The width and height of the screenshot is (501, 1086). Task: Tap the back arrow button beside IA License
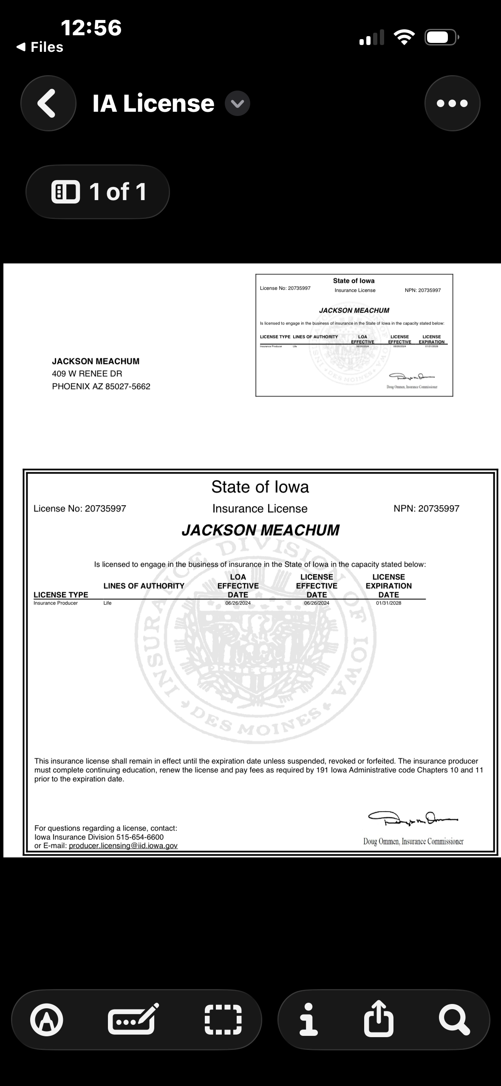pyautogui.click(x=48, y=103)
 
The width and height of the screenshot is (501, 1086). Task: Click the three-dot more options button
pyautogui.click(x=452, y=103)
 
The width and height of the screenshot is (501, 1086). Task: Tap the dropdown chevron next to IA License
pyautogui.click(x=237, y=104)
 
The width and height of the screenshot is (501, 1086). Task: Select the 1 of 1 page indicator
pyautogui.click(x=98, y=192)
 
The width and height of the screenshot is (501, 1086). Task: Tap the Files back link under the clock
pyautogui.click(x=40, y=47)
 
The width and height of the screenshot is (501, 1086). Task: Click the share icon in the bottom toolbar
pyautogui.click(x=379, y=1019)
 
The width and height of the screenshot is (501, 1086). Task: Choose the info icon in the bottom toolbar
pyautogui.click(x=308, y=1019)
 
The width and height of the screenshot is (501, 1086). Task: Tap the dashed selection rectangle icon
pyautogui.click(x=223, y=1019)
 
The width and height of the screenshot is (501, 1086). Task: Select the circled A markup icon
pyautogui.click(x=47, y=1019)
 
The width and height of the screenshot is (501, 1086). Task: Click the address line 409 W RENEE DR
pyautogui.click(x=87, y=374)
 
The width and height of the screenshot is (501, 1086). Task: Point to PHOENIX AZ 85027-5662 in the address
pyautogui.click(x=101, y=387)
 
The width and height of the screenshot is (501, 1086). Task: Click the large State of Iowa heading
pyautogui.click(x=260, y=487)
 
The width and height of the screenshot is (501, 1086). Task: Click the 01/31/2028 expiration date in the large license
pyautogui.click(x=388, y=603)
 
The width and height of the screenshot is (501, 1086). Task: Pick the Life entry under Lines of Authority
pyautogui.click(x=108, y=603)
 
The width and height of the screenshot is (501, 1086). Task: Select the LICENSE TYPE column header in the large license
pyautogui.click(x=61, y=595)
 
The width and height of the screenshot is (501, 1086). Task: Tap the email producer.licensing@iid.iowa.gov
pyautogui.click(x=123, y=846)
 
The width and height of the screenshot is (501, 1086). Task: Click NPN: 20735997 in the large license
pyautogui.click(x=426, y=509)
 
